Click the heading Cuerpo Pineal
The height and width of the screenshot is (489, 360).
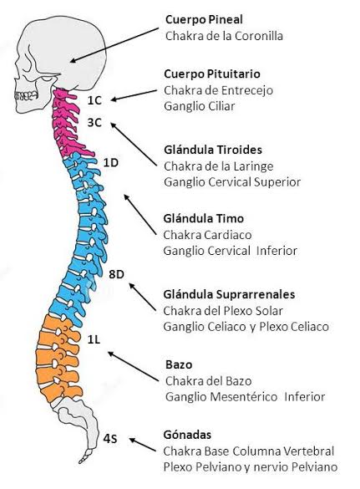204,19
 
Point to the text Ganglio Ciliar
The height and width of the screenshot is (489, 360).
200,105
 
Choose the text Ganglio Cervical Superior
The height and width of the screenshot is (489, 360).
232,181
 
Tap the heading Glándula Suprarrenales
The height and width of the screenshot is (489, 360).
229,294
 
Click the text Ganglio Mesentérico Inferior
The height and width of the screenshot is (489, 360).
244,396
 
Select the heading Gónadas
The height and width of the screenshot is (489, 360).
187,436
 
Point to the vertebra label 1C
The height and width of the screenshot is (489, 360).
94,99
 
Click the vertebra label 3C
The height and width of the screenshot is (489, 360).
94,122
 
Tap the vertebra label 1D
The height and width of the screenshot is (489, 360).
111,161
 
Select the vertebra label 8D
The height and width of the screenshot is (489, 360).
117,274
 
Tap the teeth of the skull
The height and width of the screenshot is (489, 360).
23,95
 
